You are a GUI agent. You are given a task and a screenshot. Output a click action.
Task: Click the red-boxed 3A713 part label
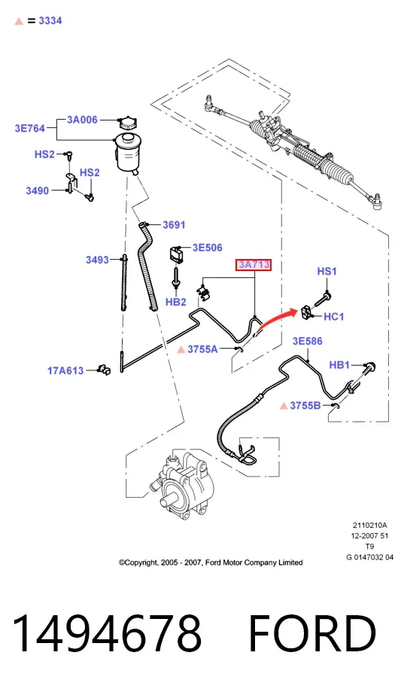click(254, 265)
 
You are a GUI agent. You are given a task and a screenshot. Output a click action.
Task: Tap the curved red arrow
click(277, 319)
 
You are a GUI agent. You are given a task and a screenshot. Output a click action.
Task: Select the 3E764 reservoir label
click(30, 129)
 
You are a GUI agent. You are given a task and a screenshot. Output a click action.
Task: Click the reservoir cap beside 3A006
click(127, 123)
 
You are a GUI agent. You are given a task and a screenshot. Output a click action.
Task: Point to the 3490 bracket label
click(38, 191)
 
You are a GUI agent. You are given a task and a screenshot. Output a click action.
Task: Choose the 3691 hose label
click(175, 224)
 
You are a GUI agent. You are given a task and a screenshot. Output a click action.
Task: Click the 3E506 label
click(208, 248)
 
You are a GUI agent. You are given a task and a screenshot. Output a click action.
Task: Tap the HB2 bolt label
click(176, 302)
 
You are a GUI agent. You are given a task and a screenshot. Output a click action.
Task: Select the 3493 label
click(98, 260)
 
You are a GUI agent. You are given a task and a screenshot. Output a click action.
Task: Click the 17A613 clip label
click(65, 370)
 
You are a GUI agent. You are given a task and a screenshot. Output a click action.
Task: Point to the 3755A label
click(202, 349)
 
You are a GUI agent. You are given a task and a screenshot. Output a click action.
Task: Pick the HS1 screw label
click(327, 271)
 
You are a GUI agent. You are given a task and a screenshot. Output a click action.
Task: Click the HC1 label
click(334, 316)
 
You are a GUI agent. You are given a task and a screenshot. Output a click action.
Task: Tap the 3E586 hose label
click(308, 340)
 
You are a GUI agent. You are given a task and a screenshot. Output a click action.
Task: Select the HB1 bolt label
click(339, 365)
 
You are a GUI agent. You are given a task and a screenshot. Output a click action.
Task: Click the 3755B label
click(305, 404)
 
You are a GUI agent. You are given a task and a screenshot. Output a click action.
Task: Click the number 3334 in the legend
click(50, 20)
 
